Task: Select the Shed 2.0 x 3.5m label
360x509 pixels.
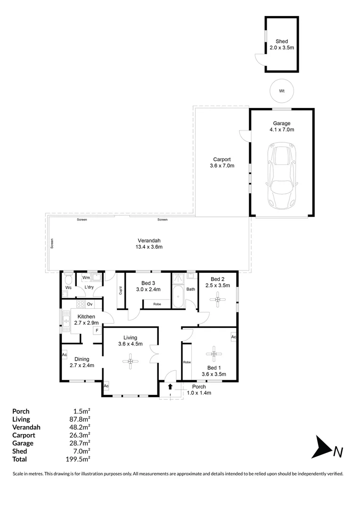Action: tap(282, 45)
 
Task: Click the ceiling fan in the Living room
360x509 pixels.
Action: tap(130, 361)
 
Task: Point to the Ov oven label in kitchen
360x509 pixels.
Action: tap(89, 304)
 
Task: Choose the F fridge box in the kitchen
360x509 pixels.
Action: tap(97, 330)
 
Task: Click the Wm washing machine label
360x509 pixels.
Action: tap(86, 278)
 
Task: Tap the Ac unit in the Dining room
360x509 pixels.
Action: tap(64, 355)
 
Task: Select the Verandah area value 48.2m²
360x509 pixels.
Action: tap(80, 427)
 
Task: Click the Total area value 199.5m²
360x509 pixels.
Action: tap(79, 459)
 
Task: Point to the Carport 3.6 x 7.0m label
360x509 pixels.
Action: tap(222, 163)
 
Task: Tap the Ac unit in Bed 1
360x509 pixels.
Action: tap(233, 337)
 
